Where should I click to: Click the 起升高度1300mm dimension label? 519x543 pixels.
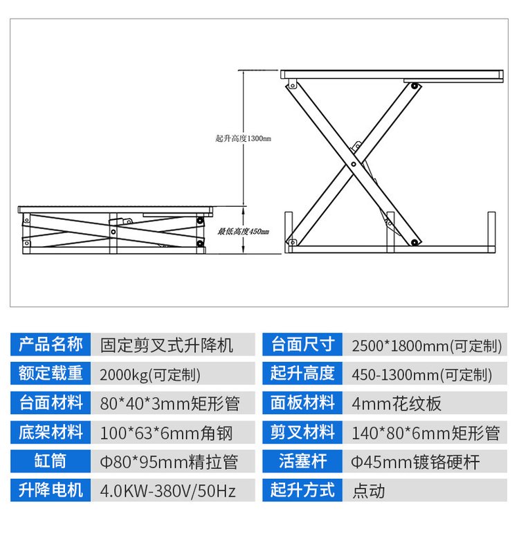(243, 138)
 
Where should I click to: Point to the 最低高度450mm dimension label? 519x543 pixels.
(243, 231)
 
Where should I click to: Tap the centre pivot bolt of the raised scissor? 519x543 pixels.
(354, 164)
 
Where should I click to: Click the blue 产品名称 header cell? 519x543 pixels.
(51, 344)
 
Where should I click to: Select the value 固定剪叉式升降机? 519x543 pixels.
(167, 346)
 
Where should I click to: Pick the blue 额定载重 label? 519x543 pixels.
(51, 374)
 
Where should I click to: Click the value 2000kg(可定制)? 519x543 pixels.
(150, 375)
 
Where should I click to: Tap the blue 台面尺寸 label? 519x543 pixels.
(302, 344)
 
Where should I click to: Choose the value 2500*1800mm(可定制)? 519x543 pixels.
(427, 346)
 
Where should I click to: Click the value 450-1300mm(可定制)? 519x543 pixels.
(422, 375)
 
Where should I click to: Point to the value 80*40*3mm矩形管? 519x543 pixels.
(170, 404)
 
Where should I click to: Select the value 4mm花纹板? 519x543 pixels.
(397, 404)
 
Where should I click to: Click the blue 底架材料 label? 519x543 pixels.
(51, 432)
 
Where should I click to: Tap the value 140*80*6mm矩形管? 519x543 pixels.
(426, 433)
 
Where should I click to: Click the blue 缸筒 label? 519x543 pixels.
(51, 461)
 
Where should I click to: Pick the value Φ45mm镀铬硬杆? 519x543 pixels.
(415, 462)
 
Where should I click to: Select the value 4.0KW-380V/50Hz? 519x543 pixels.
(168, 491)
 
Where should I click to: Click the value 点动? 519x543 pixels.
(369, 491)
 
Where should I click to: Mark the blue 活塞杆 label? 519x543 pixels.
(302, 461)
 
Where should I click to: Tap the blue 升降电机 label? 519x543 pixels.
(51, 490)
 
